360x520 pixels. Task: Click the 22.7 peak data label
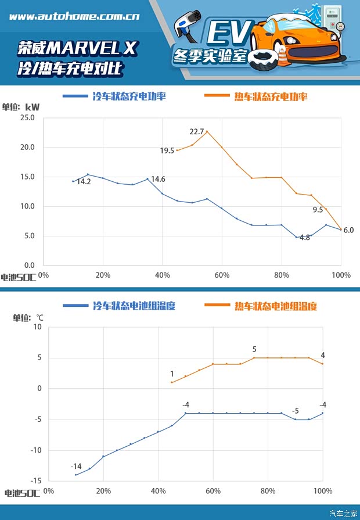click(x=197, y=132)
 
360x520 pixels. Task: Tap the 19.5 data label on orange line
click(x=167, y=150)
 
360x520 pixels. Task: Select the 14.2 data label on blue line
click(x=84, y=182)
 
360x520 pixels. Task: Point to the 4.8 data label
click(x=304, y=238)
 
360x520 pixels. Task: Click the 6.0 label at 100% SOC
click(x=348, y=230)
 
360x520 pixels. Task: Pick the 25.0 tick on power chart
click(x=27, y=118)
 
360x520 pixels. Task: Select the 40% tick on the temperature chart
click(x=158, y=491)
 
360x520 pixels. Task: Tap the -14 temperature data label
click(x=76, y=467)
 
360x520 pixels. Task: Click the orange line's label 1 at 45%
click(x=172, y=374)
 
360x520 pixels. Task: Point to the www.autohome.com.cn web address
click(x=74, y=17)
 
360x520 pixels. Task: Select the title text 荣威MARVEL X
click(x=77, y=48)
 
